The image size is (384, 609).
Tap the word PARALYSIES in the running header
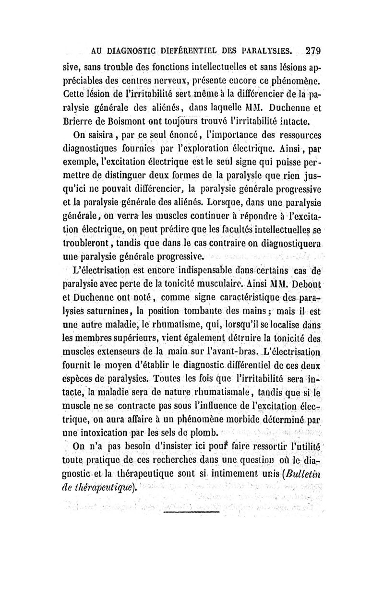click(266, 51)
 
